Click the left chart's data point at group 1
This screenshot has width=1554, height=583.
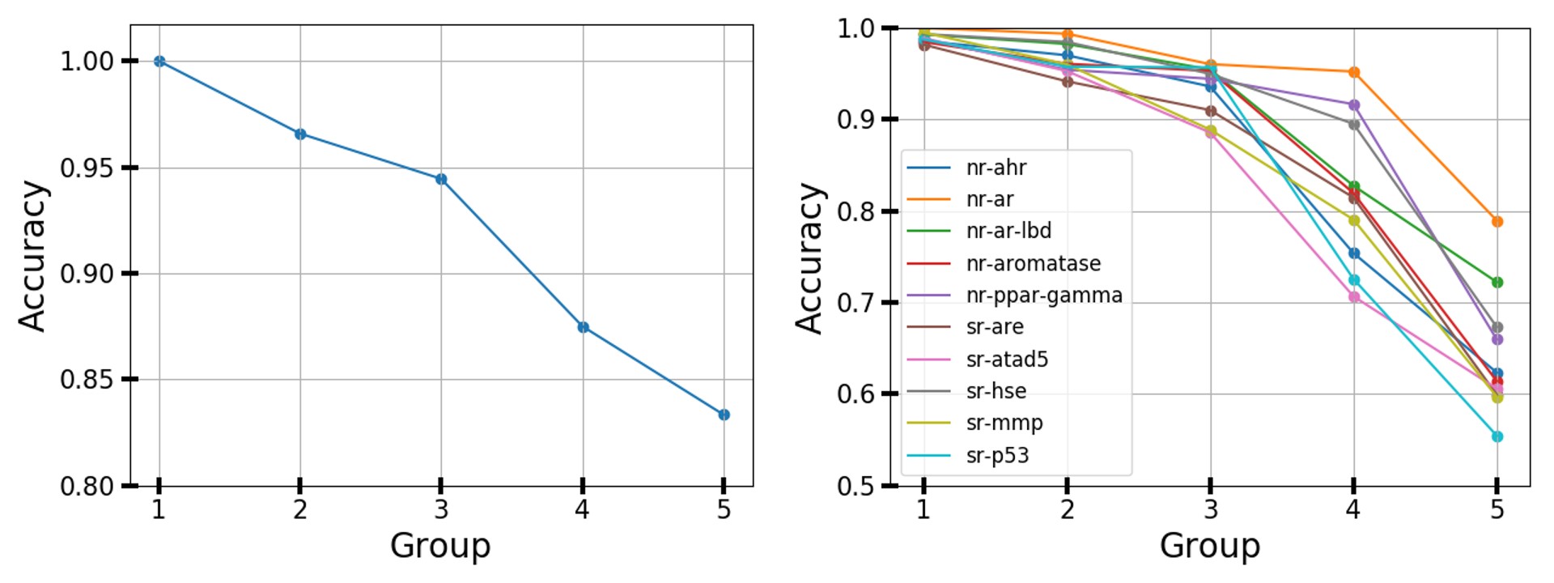coord(159,62)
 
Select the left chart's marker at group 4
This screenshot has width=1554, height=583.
coord(583,327)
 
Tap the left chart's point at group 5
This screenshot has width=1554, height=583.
coord(724,415)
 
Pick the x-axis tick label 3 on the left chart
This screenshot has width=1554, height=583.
coord(441,509)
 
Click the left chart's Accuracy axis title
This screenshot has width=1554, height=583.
coord(33,256)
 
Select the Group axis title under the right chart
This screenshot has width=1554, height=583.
coord(1209,546)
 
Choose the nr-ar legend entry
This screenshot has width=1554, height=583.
coord(989,199)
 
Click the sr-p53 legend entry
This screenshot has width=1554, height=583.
coord(997,455)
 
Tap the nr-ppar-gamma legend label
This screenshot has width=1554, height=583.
coord(1043,295)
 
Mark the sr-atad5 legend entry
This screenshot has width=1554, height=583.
coord(1007,359)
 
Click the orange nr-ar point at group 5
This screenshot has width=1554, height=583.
coord(1497,222)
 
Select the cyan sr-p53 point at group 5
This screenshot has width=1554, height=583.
coord(1497,436)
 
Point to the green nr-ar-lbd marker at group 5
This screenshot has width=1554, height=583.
coord(1497,283)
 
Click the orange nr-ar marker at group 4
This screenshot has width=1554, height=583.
coord(1353,72)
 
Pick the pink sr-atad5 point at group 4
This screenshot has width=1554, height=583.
coord(1353,297)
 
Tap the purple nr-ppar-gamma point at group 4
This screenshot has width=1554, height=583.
coord(1353,105)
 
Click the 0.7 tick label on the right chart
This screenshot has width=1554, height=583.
coord(856,303)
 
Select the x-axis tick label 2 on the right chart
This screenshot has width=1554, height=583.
coord(1067,509)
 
